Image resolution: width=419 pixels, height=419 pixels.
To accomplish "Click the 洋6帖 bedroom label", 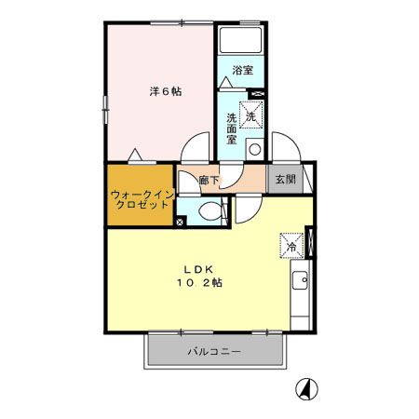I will click(x=166, y=91).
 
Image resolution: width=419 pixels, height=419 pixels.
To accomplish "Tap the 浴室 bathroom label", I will click(x=243, y=70).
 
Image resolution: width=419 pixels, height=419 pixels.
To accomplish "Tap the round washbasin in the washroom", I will click(x=253, y=149).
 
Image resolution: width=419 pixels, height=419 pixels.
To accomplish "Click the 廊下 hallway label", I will click(x=211, y=179).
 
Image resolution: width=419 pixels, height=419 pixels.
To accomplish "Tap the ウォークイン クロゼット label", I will click(x=140, y=200).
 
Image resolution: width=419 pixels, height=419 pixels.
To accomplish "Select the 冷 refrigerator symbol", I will click(x=291, y=246).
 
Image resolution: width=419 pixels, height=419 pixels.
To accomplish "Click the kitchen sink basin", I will click(x=302, y=280).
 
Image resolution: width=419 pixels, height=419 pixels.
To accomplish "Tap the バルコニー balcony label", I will click(x=214, y=353).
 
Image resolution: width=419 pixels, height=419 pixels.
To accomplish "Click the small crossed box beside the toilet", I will click(x=181, y=221).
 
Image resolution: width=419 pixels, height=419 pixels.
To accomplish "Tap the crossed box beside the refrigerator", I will click(x=311, y=243).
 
